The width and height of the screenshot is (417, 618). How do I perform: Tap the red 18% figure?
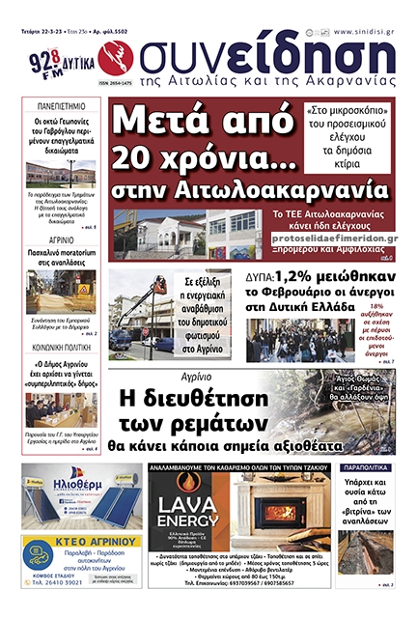[376, 305]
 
